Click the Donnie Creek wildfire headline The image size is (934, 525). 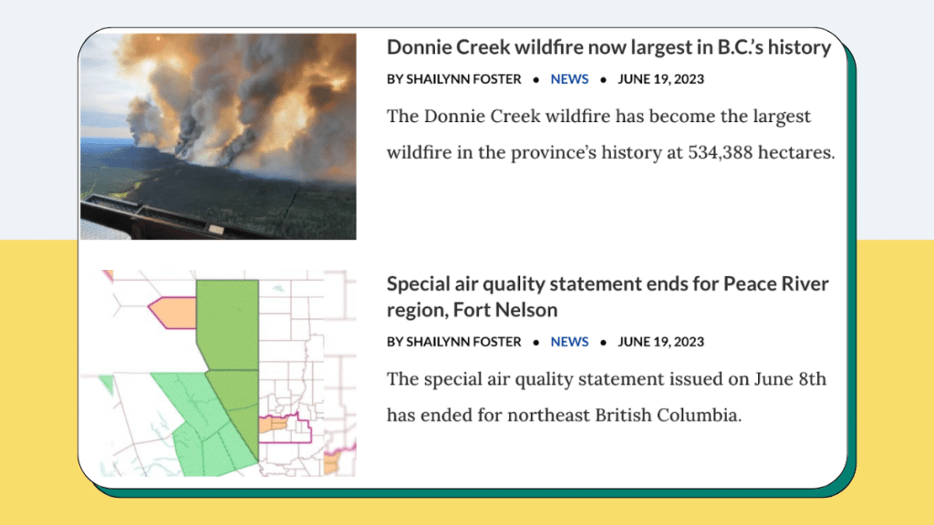tap(608, 47)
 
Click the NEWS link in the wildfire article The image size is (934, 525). tap(569, 79)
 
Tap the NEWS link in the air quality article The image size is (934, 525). tap(569, 342)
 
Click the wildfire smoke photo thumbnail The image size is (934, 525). tap(218, 137)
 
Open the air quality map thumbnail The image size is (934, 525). tap(218, 373)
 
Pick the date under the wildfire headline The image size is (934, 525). tap(660, 79)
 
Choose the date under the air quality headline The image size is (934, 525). tap(660, 342)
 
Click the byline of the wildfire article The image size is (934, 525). tap(454, 79)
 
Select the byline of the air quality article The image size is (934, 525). tap(454, 342)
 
